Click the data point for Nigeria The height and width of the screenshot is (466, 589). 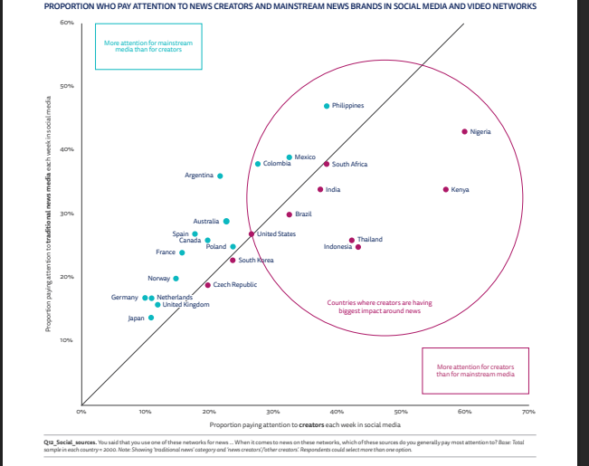coord(464,131)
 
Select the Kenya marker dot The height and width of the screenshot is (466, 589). coord(445,189)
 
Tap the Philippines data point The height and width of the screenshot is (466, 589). coord(327,106)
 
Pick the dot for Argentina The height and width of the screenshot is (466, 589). coord(220,176)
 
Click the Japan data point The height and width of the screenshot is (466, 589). coord(150,318)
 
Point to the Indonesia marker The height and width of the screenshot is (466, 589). coord(358,247)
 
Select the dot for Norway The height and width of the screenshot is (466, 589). coord(176,279)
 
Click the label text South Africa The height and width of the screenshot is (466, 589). coord(349,165)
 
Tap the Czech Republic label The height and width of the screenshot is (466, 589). coord(234,285)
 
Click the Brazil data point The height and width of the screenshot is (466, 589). coord(290,214)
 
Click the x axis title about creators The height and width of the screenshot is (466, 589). coord(304,423)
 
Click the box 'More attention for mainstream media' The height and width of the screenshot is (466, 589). coord(148,47)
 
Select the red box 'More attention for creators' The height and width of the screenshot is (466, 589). coord(475,370)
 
